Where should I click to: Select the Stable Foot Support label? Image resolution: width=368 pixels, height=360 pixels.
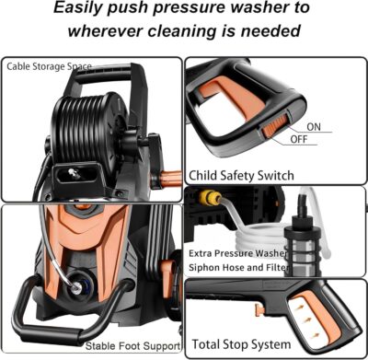tap(131, 346)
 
